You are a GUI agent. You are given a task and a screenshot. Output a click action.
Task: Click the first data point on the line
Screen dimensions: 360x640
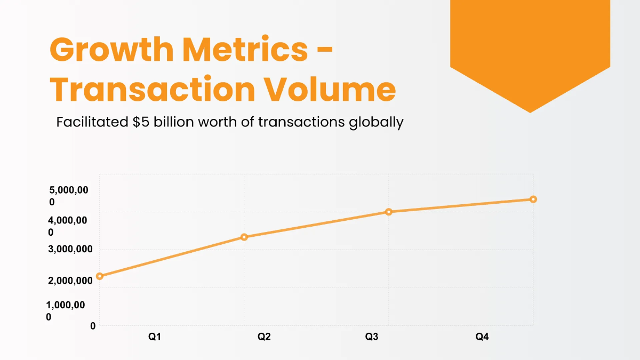[x=99, y=276]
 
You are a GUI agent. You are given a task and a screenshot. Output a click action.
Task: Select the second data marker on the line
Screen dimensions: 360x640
[x=244, y=237]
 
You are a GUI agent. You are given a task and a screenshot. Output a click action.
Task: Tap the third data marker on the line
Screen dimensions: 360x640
[x=389, y=212]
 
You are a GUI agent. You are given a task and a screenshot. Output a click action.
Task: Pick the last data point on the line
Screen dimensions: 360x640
[x=533, y=199]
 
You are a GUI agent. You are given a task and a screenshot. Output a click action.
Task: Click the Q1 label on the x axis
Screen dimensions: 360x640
[x=155, y=337]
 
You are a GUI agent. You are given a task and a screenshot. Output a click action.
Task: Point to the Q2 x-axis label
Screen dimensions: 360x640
[x=264, y=337]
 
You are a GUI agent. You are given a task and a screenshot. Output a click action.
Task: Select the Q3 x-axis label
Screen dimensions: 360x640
[x=372, y=337]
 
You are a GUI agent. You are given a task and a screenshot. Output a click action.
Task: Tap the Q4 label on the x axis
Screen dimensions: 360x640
[x=482, y=337]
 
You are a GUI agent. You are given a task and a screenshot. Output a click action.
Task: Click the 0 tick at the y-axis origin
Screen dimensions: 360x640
[x=93, y=326]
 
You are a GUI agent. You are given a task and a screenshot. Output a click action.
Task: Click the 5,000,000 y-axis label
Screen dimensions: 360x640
[x=68, y=196]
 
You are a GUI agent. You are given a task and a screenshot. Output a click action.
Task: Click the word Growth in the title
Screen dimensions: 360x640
[x=110, y=50]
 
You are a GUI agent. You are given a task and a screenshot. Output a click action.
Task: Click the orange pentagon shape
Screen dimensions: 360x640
[x=530, y=48]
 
